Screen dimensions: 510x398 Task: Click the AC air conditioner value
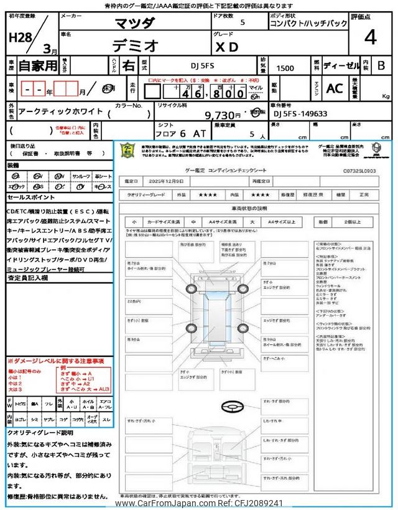335,88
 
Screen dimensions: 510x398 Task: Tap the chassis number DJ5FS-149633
300,114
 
